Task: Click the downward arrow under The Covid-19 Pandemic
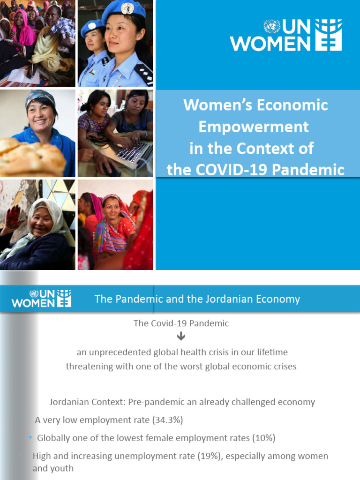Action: pyautogui.click(x=181, y=337)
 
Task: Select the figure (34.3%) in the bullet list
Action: pyautogui.click(x=167, y=420)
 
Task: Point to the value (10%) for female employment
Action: pyautogui.click(x=263, y=438)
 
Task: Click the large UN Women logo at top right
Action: pyautogui.click(x=286, y=35)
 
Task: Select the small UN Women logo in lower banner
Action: pyautogui.click(x=41, y=298)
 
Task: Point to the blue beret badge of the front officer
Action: pyautogui.click(x=127, y=8)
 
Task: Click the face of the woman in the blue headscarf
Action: pyautogui.click(x=41, y=114)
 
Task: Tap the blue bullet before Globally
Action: pyautogui.click(x=30, y=437)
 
